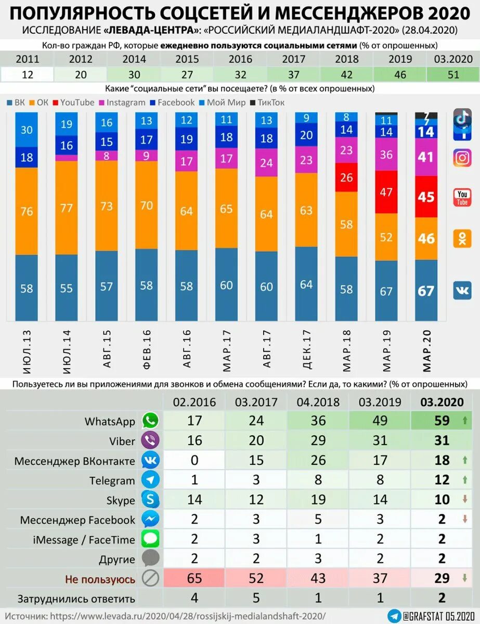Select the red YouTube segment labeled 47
pos(386,192)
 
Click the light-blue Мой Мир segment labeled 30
pos(27,130)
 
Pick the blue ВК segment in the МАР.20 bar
pos(426,290)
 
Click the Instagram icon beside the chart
pos(462,157)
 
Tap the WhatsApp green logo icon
pos(150,421)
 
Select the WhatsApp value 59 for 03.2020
pos(442,421)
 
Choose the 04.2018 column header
pos(318,401)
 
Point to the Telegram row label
pos(112,480)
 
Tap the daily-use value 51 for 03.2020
pos(453,74)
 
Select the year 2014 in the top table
pos(134,59)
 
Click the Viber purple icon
pos(150,441)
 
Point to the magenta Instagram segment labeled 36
pos(386,154)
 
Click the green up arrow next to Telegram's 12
pos(464,480)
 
